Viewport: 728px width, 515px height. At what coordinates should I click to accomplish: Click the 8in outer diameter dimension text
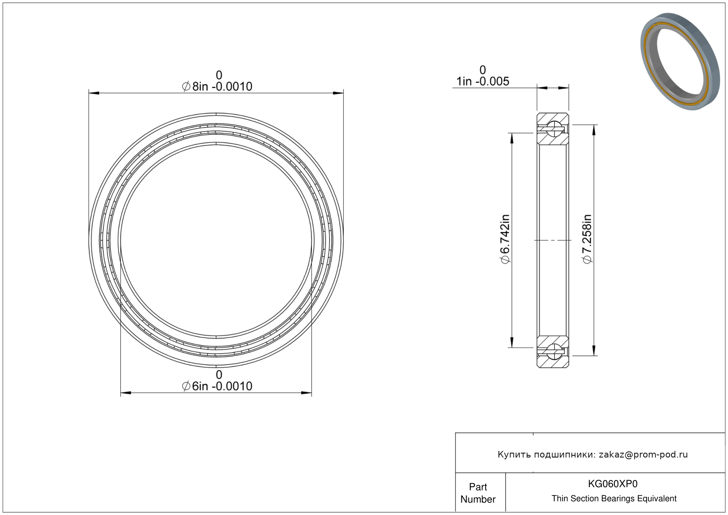(217, 87)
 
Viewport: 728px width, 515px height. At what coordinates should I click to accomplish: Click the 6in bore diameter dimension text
(217, 386)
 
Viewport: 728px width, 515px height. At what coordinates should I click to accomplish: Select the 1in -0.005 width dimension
(483, 81)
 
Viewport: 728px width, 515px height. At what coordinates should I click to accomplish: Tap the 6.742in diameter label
(505, 239)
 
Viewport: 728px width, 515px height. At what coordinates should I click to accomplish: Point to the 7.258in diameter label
(587, 239)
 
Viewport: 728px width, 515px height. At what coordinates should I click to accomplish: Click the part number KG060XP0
(613, 484)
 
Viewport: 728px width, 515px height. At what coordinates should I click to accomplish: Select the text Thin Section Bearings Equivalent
(614, 499)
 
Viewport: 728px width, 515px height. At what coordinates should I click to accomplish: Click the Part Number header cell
(478, 493)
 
